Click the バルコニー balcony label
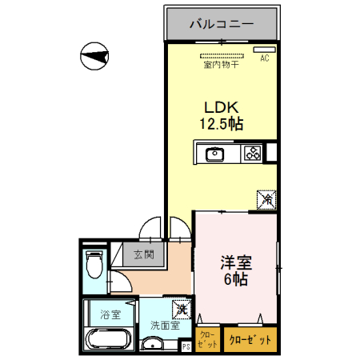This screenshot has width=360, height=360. (222, 23)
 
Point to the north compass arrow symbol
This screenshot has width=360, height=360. (95, 57)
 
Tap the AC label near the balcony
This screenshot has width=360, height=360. (264, 58)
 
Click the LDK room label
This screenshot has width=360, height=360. (221, 108)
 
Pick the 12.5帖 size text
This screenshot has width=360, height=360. (221, 124)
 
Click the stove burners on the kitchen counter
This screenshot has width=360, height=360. (252, 153)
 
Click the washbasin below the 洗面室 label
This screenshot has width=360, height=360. (153, 345)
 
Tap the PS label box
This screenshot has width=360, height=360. (186, 346)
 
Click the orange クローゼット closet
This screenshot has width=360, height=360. (250, 340)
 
